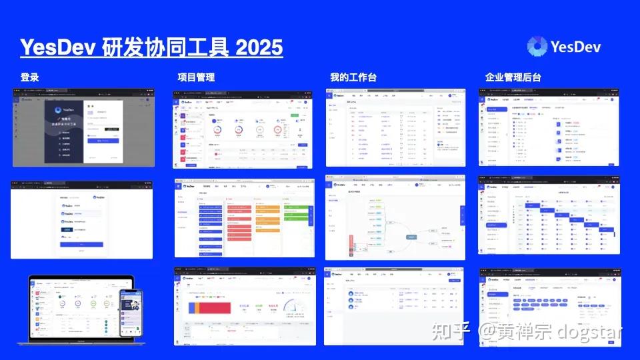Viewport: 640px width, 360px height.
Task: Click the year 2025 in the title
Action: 259,47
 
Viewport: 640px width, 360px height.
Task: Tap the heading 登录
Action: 29,77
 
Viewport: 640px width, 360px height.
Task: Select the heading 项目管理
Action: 196,77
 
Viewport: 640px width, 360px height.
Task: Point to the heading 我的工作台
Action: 353,77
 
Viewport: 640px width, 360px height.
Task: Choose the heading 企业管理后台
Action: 513,77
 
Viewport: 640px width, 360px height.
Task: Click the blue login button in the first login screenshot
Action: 103,141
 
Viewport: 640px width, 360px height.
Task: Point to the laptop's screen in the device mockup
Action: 77,307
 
